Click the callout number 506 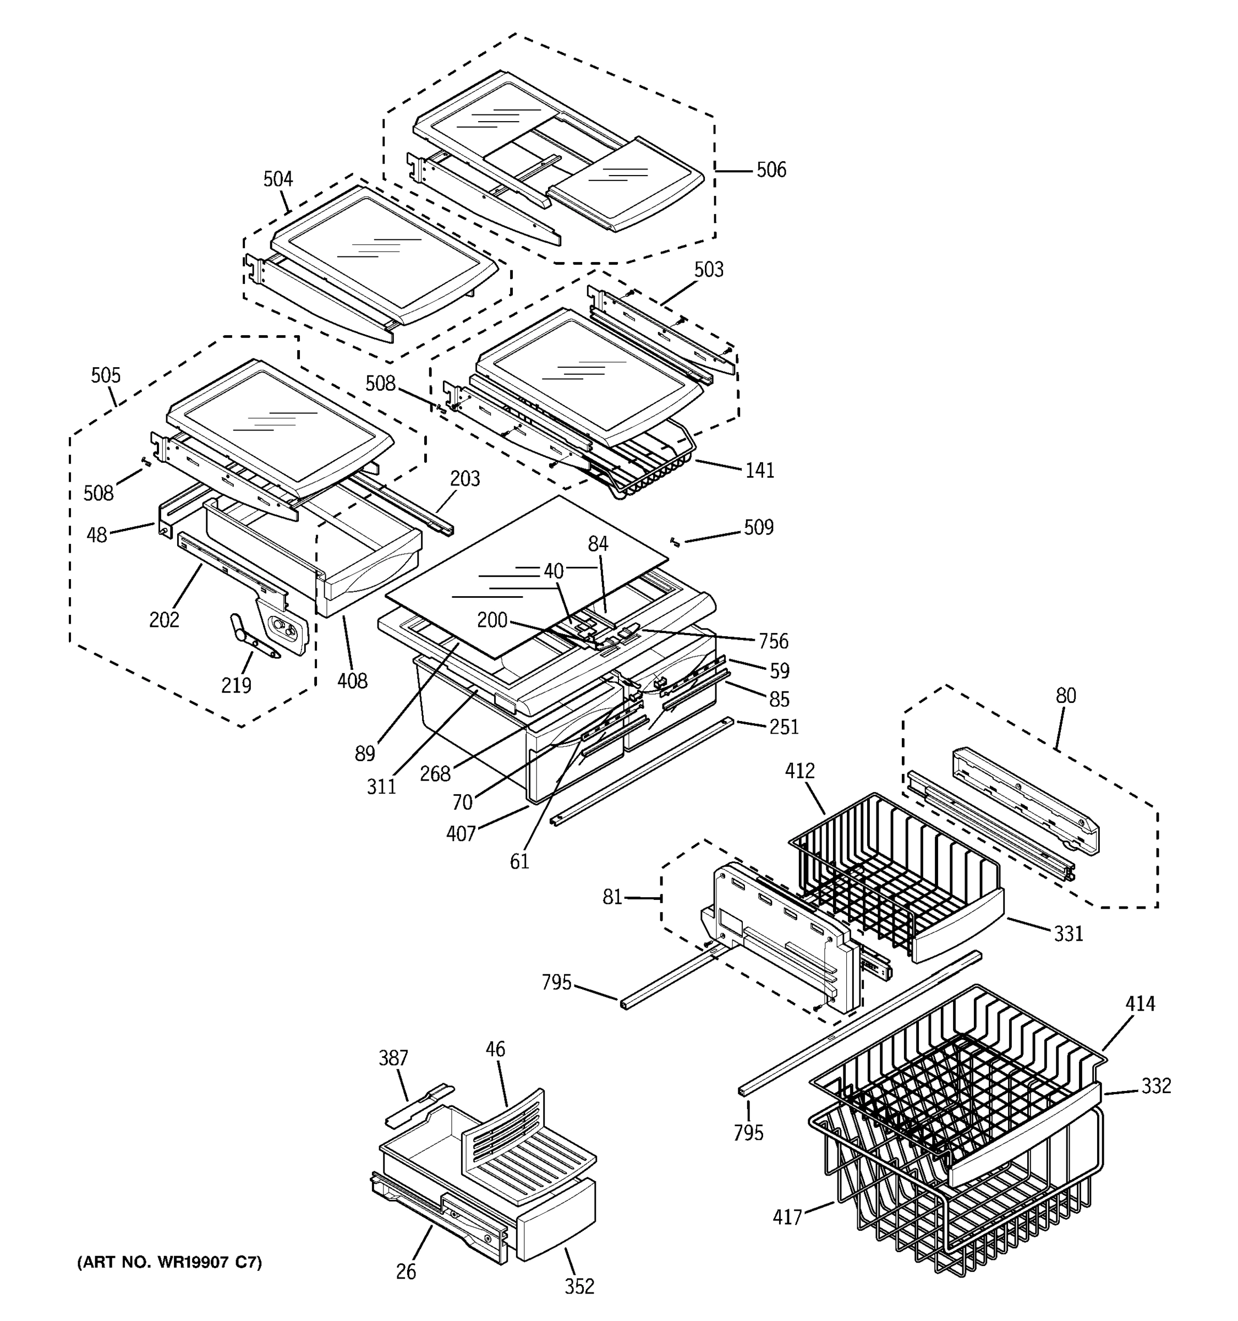(770, 170)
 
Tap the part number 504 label (278, 179)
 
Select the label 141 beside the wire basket (760, 471)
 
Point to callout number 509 (758, 528)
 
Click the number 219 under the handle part (236, 685)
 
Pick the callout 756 (773, 641)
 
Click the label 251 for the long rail (784, 727)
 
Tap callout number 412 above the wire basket (799, 771)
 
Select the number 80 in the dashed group (1065, 696)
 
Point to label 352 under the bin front (579, 1286)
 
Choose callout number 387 (393, 1058)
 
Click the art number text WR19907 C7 (169, 1262)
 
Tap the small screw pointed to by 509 (675, 542)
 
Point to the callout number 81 (612, 897)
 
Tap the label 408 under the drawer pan (352, 680)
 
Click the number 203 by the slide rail (465, 478)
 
